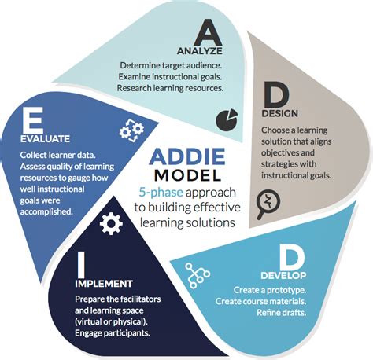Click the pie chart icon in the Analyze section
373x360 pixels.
pos(227,118)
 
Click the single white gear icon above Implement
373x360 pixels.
pos(113,224)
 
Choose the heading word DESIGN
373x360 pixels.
pos(280,115)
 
